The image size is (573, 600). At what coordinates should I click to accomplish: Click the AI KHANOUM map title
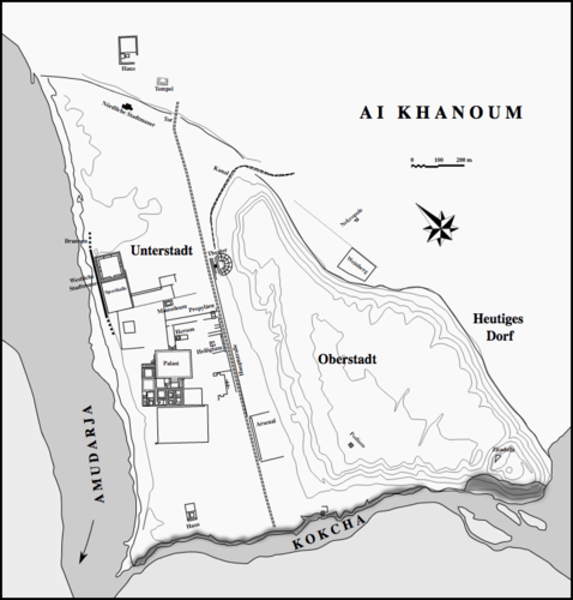coord(441,112)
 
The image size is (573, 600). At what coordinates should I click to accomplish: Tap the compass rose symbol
coord(439,225)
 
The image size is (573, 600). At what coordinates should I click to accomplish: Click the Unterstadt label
coord(161,250)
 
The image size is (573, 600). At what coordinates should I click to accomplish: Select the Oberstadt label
coord(347,359)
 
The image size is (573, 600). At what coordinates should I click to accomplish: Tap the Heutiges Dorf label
coord(498,327)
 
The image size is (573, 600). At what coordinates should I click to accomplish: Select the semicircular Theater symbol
coord(224,263)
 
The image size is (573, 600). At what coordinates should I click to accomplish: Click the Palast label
coord(172,363)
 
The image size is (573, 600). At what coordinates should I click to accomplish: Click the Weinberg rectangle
coord(356,263)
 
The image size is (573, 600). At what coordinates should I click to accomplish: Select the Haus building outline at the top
coord(128,50)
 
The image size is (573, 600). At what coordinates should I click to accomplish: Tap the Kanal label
coord(220,170)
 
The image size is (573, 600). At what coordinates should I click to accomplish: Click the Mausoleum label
coord(171,310)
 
